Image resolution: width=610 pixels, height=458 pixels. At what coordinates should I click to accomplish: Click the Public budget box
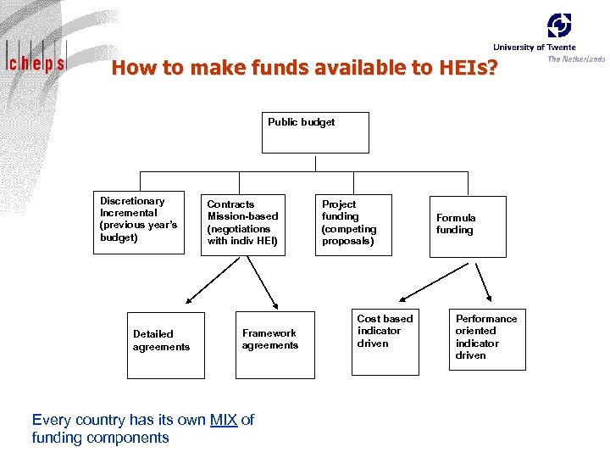coord(315,132)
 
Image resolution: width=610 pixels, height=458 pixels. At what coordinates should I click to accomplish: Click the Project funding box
coord(355,225)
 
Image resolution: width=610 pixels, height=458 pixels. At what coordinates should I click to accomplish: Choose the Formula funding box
coord(467,226)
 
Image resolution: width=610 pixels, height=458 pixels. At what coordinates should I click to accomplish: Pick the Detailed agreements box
coord(168,343)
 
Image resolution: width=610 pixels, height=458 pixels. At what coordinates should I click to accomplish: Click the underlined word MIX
coord(224,420)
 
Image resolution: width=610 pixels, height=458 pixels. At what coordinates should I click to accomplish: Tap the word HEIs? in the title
coord(468,68)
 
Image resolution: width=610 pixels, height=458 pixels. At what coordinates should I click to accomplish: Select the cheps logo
coord(36,61)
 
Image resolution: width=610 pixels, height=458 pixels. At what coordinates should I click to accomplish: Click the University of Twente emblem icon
coord(559,25)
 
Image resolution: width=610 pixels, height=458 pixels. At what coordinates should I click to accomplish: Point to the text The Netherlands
coord(576,59)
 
